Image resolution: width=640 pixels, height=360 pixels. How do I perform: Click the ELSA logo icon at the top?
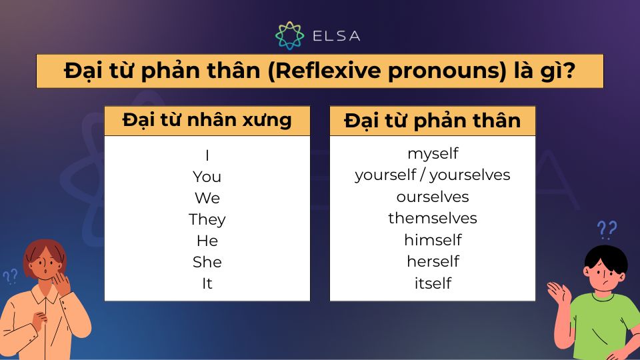pyautogui.click(x=290, y=35)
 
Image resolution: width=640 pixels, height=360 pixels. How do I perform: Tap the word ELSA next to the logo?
pyautogui.click(x=337, y=36)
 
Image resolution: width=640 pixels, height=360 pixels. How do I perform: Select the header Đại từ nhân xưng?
pyautogui.click(x=207, y=120)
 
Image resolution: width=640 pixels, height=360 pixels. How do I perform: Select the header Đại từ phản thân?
pyautogui.click(x=433, y=121)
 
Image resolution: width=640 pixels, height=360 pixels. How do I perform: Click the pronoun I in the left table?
pyautogui.click(x=207, y=155)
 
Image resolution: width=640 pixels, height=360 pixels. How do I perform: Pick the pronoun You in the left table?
pyautogui.click(x=207, y=177)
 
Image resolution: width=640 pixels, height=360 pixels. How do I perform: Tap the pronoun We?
pyautogui.click(x=207, y=198)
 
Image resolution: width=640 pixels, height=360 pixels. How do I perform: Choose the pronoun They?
pyautogui.click(x=207, y=219)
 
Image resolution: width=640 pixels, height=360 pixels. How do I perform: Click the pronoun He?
pyautogui.click(x=207, y=241)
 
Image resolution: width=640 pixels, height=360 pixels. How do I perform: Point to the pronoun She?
pyautogui.click(x=207, y=262)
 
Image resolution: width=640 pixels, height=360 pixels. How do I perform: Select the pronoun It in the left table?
pyautogui.click(x=207, y=283)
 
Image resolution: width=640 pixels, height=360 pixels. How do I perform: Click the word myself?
pyautogui.click(x=433, y=153)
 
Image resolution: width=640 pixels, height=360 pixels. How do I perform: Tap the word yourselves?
pyautogui.click(x=470, y=175)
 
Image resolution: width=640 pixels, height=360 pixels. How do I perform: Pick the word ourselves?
pyautogui.click(x=433, y=197)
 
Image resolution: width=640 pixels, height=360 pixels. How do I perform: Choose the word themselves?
pyautogui.click(x=433, y=218)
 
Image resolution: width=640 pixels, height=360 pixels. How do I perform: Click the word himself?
pyautogui.click(x=433, y=239)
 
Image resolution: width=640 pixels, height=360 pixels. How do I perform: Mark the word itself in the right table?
pyautogui.click(x=433, y=283)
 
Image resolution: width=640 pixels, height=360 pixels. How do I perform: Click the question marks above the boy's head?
pyautogui.click(x=607, y=230)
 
